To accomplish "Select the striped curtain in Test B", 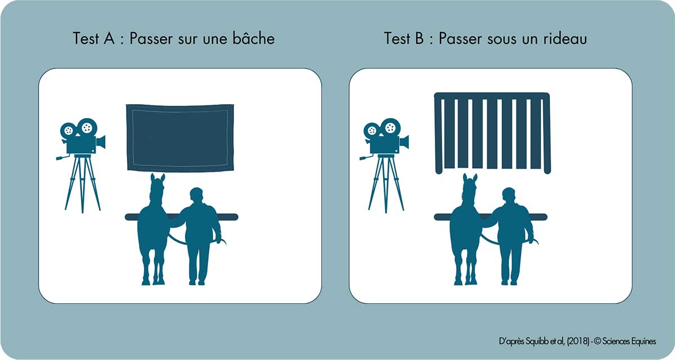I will point(492,133).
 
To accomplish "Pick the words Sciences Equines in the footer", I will point(630,341).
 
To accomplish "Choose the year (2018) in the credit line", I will point(573,341).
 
